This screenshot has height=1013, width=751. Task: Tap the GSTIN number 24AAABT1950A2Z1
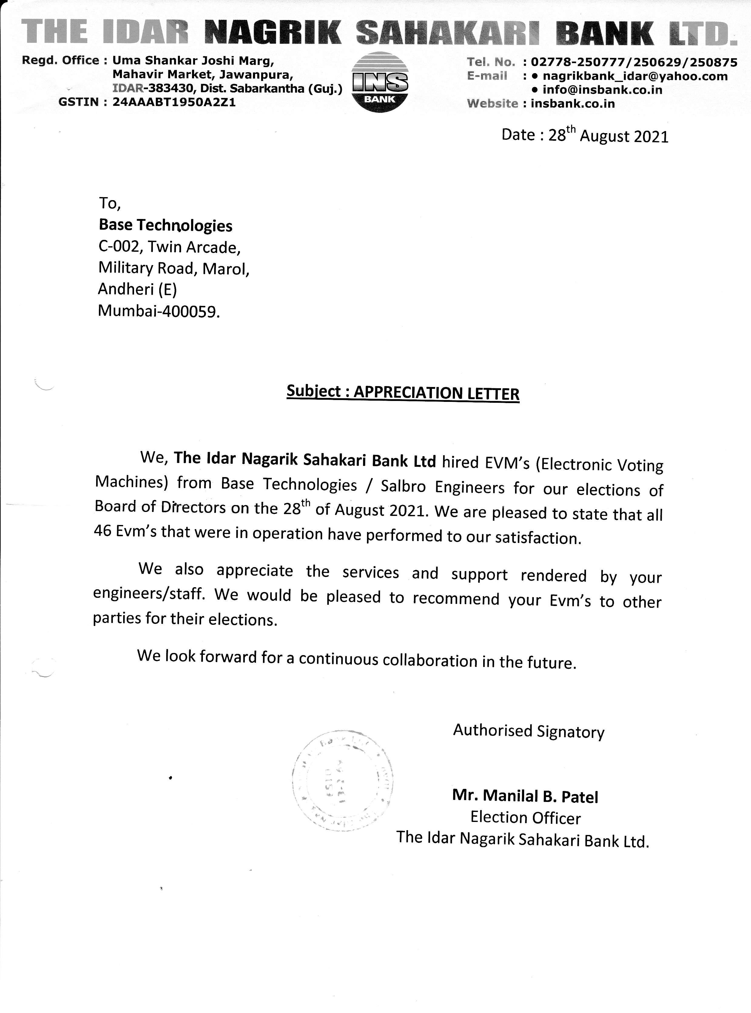(x=174, y=102)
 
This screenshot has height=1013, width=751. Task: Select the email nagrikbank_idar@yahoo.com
(x=635, y=76)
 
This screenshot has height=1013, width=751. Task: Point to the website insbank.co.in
(x=572, y=104)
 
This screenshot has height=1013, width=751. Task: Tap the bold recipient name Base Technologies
(x=166, y=225)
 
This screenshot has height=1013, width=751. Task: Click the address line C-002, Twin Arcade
(x=169, y=247)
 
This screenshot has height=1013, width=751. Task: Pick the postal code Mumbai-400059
(x=159, y=311)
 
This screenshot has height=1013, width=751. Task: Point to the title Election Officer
(x=526, y=818)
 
